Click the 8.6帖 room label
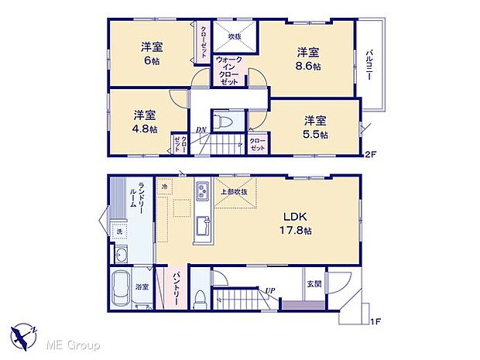click(308, 60)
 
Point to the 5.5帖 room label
click(314, 127)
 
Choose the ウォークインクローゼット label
click(228, 70)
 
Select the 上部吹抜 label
click(233, 192)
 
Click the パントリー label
click(176, 288)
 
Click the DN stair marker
click(200, 129)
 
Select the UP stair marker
click(269, 290)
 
